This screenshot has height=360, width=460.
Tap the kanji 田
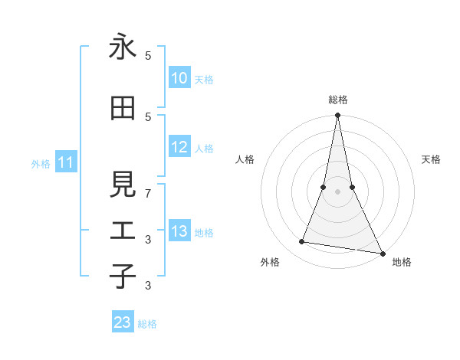pyautogui.click(x=123, y=109)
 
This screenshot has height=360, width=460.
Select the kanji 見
pyautogui.click(x=123, y=185)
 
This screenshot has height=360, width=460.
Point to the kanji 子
pyautogui.click(x=123, y=276)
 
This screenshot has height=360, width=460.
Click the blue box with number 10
pyautogui.click(x=179, y=78)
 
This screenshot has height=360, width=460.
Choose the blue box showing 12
pyautogui.click(x=179, y=148)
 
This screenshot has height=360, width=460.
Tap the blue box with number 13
pyautogui.click(x=179, y=232)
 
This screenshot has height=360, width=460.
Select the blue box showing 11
pyautogui.click(x=66, y=162)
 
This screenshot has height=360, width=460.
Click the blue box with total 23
pyautogui.click(x=123, y=322)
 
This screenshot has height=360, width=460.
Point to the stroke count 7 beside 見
pyautogui.click(x=149, y=194)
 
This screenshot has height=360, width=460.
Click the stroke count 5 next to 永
pyautogui.click(x=149, y=56)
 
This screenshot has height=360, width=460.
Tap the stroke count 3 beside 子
pyautogui.click(x=149, y=286)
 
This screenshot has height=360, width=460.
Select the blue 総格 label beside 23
pyautogui.click(x=147, y=324)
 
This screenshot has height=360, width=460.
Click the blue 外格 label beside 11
pyautogui.click(x=40, y=164)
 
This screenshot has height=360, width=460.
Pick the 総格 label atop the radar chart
pyautogui.click(x=338, y=100)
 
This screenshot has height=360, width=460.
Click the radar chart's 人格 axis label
pyautogui.click(x=245, y=159)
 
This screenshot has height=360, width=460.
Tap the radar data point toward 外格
pyautogui.click(x=302, y=242)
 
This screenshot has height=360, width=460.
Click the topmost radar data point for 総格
pyautogui.click(x=338, y=116)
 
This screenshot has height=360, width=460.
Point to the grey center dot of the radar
pyautogui.click(x=338, y=191)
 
